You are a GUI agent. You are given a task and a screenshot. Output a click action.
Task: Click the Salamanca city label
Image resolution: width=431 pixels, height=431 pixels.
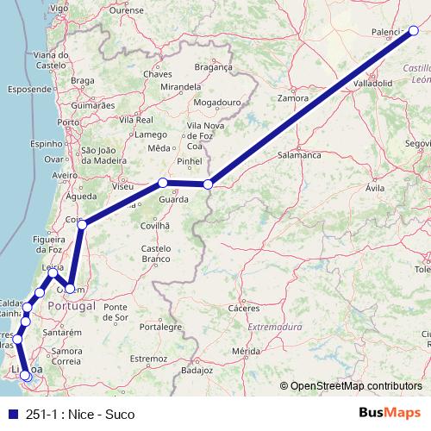click(x=299, y=155)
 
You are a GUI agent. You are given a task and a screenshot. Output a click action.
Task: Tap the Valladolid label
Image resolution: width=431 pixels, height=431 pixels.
click(x=372, y=84)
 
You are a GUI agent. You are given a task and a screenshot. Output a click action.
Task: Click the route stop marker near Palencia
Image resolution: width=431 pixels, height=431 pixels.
click(x=413, y=31)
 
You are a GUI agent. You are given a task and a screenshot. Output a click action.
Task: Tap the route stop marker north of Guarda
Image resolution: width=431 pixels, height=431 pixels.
click(x=162, y=183)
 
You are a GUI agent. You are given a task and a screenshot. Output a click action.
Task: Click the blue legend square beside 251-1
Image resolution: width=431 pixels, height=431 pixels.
click(x=12, y=415)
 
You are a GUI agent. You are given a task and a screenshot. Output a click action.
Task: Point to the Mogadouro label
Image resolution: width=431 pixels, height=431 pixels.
click(x=215, y=102)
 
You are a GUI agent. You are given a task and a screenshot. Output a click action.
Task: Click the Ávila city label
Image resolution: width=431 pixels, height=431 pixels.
click(x=375, y=187)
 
